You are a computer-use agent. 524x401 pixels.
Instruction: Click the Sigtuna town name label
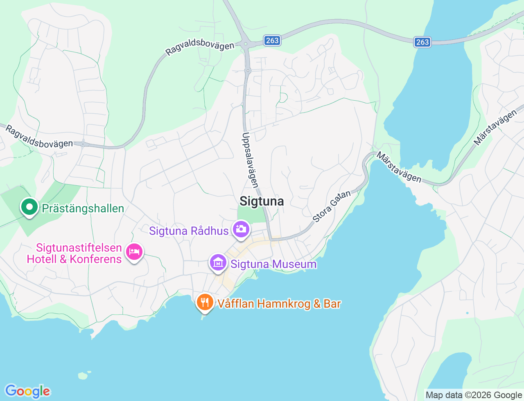pyautogui.click(x=262, y=201)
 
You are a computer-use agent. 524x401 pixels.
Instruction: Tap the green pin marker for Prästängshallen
pyautogui.click(x=29, y=207)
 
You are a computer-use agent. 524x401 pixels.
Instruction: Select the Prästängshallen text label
pyautogui.click(x=83, y=208)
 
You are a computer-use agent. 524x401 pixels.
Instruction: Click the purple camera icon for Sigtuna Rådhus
pyautogui.click(x=241, y=229)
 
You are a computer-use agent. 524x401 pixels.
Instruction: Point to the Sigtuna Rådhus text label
pyautogui.click(x=189, y=231)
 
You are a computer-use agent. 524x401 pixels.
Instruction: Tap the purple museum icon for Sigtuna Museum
pyautogui.click(x=218, y=263)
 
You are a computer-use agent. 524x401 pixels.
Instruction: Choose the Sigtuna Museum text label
pyautogui.click(x=273, y=264)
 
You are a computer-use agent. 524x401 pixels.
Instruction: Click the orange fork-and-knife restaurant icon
pyautogui.click(x=205, y=302)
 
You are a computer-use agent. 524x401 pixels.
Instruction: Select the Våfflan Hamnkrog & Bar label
pyautogui.click(x=279, y=304)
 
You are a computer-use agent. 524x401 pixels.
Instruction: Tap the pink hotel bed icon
pyautogui.click(x=134, y=251)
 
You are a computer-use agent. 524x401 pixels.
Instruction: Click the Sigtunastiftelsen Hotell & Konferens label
pyautogui.click(x=75, y=253)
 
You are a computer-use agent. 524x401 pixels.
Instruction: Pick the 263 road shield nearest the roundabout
pyautogui.click(x=272, y=40)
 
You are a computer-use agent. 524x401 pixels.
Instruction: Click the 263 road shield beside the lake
pyautogui.click(x=422, y=42)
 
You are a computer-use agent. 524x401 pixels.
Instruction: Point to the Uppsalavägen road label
pyautogui.click(x=251, y=160)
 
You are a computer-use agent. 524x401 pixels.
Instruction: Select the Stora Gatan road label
pyautogui.click(x=332, y=206)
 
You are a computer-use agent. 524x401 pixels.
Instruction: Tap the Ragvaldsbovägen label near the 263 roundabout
pyautogui.click(x=200, y=48)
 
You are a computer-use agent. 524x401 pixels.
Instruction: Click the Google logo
pyautogui.click(x=27, y=391)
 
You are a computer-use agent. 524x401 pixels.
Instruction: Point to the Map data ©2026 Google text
pyautogui.click(x=474, y=395)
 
